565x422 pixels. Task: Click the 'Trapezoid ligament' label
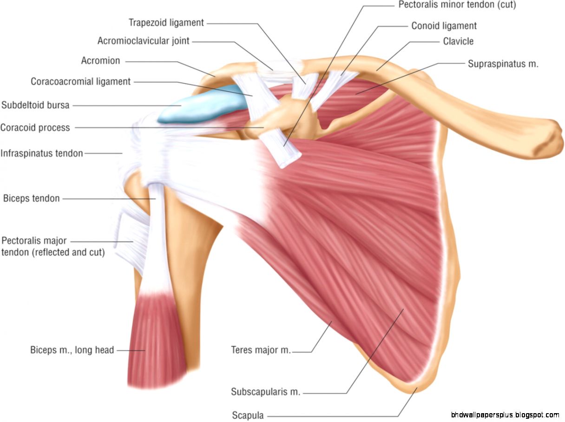(x=166, y=22)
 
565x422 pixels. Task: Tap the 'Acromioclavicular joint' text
(x=143, y=41)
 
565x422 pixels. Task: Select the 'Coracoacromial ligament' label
(x=80, y=82)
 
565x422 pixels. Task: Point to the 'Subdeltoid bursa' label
(x=35, y=105)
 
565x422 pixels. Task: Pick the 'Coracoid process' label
(x=35, y=127)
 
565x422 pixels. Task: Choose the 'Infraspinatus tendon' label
(x=42, y=153)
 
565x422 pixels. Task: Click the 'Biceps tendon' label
(x=31, y=199)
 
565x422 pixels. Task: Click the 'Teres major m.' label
(x=261, y=350)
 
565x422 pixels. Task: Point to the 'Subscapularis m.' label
(x=265, y=392)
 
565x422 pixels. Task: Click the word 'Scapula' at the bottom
(x=248, y=415)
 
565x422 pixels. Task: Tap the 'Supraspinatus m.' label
(x=503, y=64)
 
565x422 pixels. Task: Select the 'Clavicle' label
(x=458, y=41)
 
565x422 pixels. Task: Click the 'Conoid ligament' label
(x=444, y=26)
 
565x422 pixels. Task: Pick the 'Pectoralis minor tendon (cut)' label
(x=457, y=5)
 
